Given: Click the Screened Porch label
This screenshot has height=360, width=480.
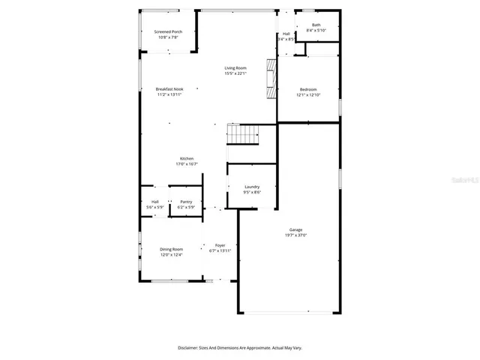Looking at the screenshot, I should [168, 31].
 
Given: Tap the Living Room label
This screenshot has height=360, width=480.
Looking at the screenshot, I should [235, 68].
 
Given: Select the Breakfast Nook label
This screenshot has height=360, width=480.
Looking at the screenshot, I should [169, 89].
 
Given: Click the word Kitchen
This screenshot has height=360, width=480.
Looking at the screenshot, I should [187, 158].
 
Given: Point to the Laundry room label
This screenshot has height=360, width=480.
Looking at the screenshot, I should [252, 187].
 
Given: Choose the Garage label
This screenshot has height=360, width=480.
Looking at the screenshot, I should [296, 229].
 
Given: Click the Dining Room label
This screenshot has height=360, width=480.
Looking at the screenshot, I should [171, 249].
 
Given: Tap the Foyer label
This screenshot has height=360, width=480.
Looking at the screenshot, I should [220, 245].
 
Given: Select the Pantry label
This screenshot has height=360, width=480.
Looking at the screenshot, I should [186, 202].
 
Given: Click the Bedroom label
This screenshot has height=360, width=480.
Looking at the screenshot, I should [307, 89].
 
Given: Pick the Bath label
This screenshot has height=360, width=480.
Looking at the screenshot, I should [316, 25].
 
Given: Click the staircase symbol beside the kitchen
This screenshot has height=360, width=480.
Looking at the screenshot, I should [243, 135].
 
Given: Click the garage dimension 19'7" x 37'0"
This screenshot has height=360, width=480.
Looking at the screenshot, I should [296, 235].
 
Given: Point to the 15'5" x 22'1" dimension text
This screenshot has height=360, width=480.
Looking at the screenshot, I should [235, 73].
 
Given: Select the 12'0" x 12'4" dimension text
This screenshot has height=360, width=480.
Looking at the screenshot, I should [171, 255].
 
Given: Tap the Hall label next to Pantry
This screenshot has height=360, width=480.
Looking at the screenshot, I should [155, 202].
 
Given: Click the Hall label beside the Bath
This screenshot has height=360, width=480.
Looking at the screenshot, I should [286, 34].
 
